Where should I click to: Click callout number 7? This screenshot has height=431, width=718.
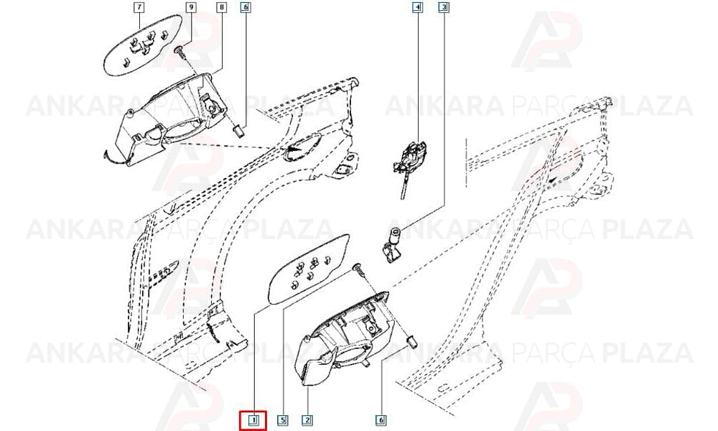pyautogui.click(x=139, y=7)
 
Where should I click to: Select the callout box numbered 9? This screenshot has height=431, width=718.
pyautogui.click(x=191, y=7)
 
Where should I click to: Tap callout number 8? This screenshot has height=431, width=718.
pyautogui.click(x=222, y=7)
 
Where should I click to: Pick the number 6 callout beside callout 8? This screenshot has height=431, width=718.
pyautogui.click(x=246, y=7)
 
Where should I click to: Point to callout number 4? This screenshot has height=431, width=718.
pyautogui.click(x=417, y=7)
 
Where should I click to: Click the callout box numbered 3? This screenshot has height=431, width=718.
pyautogui.click(x=443, y=7)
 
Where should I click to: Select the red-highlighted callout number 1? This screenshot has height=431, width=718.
pyautogui.click(x=253, y=420)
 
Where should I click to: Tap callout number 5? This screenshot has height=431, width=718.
pyautogui.click(x=283, y=420)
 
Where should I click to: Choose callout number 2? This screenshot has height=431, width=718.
pyautogui.click(x=307, y=420)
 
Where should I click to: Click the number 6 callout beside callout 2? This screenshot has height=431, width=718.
pyautogui.click(x=381, y=420)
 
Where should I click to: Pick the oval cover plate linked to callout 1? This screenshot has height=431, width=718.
pyautogui.click(x=309, y=269)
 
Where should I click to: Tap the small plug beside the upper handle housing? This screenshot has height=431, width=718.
pyautogui.click(x=238, y=131)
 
